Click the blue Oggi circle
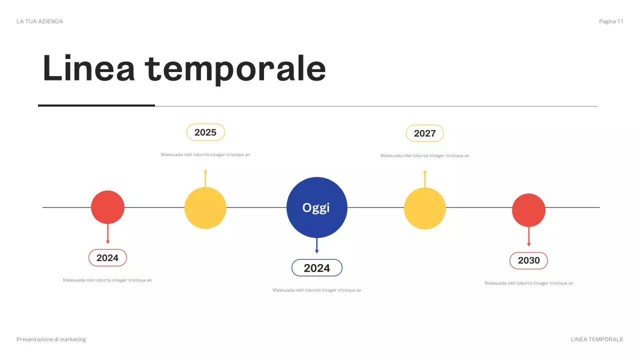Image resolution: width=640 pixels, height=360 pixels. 316,207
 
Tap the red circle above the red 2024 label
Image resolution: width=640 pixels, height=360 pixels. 107,207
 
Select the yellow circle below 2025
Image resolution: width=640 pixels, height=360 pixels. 205,208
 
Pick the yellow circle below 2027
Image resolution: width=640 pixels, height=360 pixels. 424,208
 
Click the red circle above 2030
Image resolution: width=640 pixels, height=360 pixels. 528,210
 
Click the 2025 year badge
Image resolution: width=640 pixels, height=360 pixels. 205,132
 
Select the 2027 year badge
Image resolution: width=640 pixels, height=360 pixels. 424,133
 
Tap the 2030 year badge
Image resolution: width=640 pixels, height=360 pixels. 528,260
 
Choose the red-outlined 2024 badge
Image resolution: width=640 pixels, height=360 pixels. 107,258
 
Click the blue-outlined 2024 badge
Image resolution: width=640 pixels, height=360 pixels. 317,268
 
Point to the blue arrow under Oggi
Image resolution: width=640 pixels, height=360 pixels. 316,246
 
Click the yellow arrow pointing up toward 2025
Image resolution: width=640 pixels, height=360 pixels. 205,178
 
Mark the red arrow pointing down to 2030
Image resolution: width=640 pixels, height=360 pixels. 528,236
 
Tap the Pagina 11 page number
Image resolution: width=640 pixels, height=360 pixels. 611,21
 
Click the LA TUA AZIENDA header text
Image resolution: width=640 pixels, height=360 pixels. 39,21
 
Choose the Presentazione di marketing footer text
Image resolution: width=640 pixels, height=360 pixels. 51,339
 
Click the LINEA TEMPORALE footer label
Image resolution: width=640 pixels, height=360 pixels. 597,339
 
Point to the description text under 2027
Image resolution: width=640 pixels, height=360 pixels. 424,156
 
